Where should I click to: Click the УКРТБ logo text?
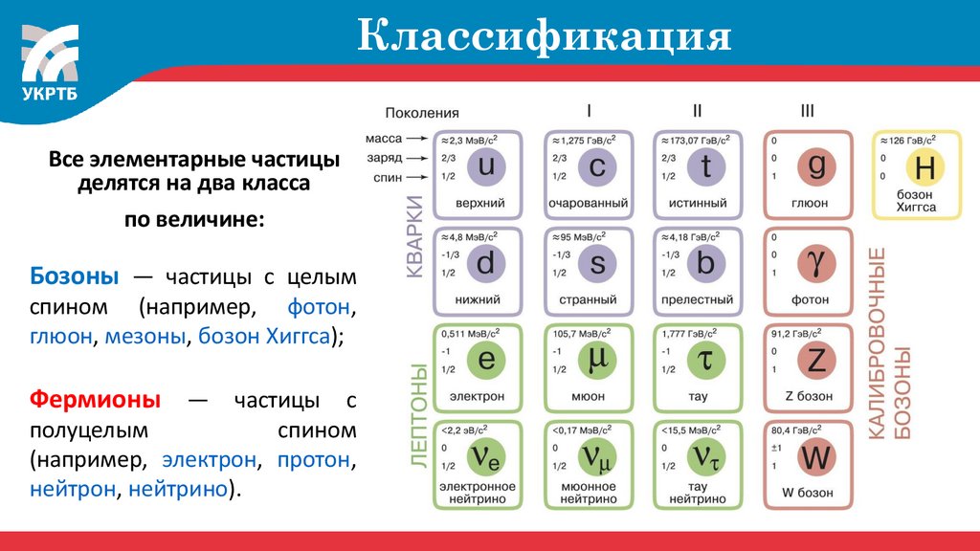click(49, 92)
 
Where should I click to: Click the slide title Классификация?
click(545, 38)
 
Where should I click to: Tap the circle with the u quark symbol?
click(486, 167)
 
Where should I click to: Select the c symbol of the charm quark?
click(597, 167)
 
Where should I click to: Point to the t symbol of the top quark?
click(706, 167)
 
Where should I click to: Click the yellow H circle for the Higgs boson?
click(924, 168)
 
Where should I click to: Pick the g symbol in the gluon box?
click(816, 167)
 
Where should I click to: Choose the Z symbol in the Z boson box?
click(816, 361)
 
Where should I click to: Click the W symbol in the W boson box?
click(816, 458)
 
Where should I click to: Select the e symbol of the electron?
click(486, 361)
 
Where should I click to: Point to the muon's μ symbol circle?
click(597, 361)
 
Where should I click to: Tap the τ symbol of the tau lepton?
click(706, 361)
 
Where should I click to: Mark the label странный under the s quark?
click(588, 300)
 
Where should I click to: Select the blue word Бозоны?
click(75, 276)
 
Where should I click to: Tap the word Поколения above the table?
click(422, 113)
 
